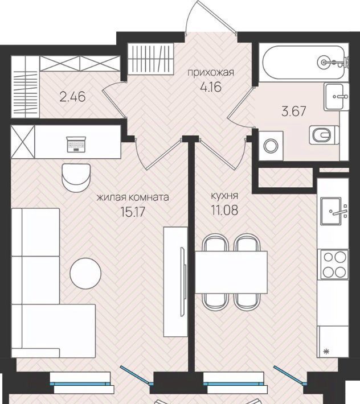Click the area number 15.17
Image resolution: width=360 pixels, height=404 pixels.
coord(133,212)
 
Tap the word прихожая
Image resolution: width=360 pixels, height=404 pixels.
coord(211,72)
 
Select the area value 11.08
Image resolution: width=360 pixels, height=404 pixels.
coord(224,210)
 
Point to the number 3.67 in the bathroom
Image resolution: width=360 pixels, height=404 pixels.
coord(294,112)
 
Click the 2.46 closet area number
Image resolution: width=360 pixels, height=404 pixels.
coord(72,97)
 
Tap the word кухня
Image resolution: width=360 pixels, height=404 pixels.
coord(224,196)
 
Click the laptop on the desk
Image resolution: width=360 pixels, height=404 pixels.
coord(76,145)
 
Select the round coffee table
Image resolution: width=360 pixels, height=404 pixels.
coord(85,273)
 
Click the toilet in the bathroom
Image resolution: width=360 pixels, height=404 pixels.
coord(324,135)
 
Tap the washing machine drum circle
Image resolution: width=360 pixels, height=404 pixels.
coord(271,146)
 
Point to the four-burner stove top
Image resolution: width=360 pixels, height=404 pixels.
coord(334,265)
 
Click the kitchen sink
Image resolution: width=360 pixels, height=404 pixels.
coord(331,211)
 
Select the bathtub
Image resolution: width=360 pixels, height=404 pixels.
coord(303,63)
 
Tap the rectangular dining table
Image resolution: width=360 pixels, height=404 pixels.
coord(231,273)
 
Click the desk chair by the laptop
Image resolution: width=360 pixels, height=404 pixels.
coord(76,178)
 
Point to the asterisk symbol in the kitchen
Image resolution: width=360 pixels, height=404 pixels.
coord(326,351)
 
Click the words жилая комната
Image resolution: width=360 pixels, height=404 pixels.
coord(133,197)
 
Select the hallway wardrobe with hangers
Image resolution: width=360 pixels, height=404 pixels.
coord(151,59)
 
